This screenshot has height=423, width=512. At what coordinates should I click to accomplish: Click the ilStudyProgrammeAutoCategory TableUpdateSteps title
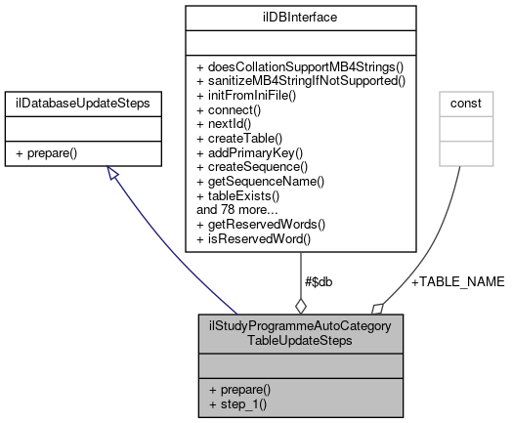pos(300,331)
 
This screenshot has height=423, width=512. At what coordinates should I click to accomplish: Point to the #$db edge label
pos(320,281)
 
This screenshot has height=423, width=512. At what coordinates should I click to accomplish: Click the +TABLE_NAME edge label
pos(457,281)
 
